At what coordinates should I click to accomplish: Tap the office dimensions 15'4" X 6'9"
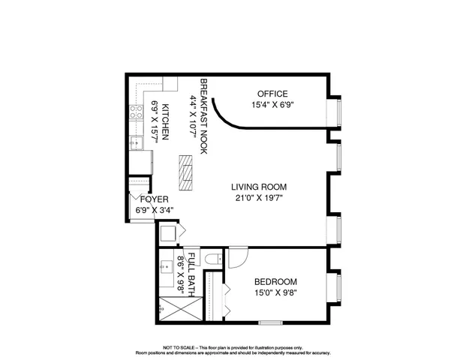[x=272, y=105]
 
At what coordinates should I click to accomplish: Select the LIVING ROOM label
[x=259, y=187]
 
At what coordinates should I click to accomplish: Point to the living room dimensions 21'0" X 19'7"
[x=259, y=198]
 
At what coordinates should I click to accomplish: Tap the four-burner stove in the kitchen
[x=137, y=112]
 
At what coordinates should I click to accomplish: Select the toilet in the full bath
[x=212, y=259]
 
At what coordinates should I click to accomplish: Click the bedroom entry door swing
[x=237, y=260]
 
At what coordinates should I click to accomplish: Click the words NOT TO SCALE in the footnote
[x=179, y=347]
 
